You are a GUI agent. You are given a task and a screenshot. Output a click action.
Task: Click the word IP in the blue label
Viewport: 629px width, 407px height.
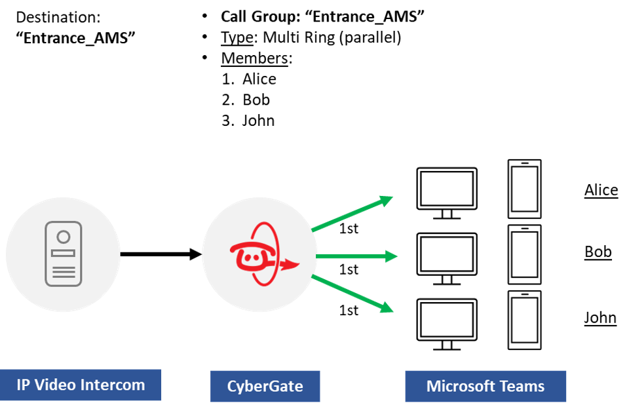coord(24,385)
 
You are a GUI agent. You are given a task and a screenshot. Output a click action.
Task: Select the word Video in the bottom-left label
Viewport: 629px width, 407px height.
coord(56,385)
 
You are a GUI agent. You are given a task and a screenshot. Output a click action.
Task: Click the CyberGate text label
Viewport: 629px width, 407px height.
coord(265,386)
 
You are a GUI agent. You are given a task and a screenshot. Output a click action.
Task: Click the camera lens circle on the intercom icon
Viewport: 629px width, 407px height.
coord(64,237)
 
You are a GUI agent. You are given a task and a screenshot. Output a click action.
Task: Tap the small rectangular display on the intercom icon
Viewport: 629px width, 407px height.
coord(64,253)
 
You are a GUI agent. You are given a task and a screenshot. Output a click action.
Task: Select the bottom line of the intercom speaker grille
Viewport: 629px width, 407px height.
coord(64,277)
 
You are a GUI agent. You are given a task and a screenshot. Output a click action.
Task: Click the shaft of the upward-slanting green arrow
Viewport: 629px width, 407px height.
coord(347,216)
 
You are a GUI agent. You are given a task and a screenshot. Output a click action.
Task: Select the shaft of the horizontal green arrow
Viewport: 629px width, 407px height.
coord(351,256)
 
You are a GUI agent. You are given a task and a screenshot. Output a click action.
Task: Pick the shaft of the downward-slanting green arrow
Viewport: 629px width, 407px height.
coord(347,292)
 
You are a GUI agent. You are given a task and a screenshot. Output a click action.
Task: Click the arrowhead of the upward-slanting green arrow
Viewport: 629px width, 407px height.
coord(387,199)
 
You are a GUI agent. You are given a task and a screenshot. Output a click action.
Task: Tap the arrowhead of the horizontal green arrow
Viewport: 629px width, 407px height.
coord(392,256)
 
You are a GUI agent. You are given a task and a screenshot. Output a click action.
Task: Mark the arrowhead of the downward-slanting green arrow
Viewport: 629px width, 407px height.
coord(387,307)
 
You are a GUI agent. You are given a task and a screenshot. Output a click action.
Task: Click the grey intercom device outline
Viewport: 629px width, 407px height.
coord(46,256)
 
